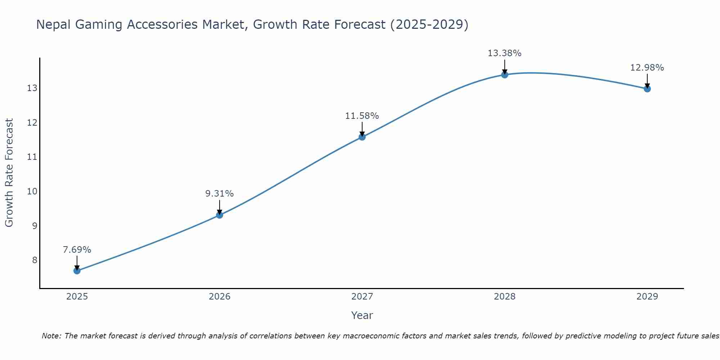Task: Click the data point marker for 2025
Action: (x=77, y=271)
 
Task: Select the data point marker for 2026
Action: (x=219, y=215)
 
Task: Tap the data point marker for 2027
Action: (x=362, y=137)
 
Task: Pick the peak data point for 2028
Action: (x=504, y=75)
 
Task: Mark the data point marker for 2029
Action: (x=647, y=89)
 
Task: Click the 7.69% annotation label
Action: (x=77, y=250)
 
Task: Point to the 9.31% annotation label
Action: (x=219, y=194)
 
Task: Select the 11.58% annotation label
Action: (x=362, y=116)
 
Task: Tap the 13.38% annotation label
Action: (x=504, y=53)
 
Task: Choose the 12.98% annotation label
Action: (x=647, y=68)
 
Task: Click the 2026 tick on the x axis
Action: (x=219, y=297)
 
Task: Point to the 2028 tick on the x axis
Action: (x=504, y=297)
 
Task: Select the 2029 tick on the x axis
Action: (x=647, y=297)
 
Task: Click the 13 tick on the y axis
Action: (x=32, y=88)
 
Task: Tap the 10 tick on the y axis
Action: (x=32, y=191)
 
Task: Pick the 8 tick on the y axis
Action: (x=35, y=260)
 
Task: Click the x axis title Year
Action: (x=362, y=315)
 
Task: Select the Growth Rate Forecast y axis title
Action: (x=9, y=173)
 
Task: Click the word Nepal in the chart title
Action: (x=53, y=25)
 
